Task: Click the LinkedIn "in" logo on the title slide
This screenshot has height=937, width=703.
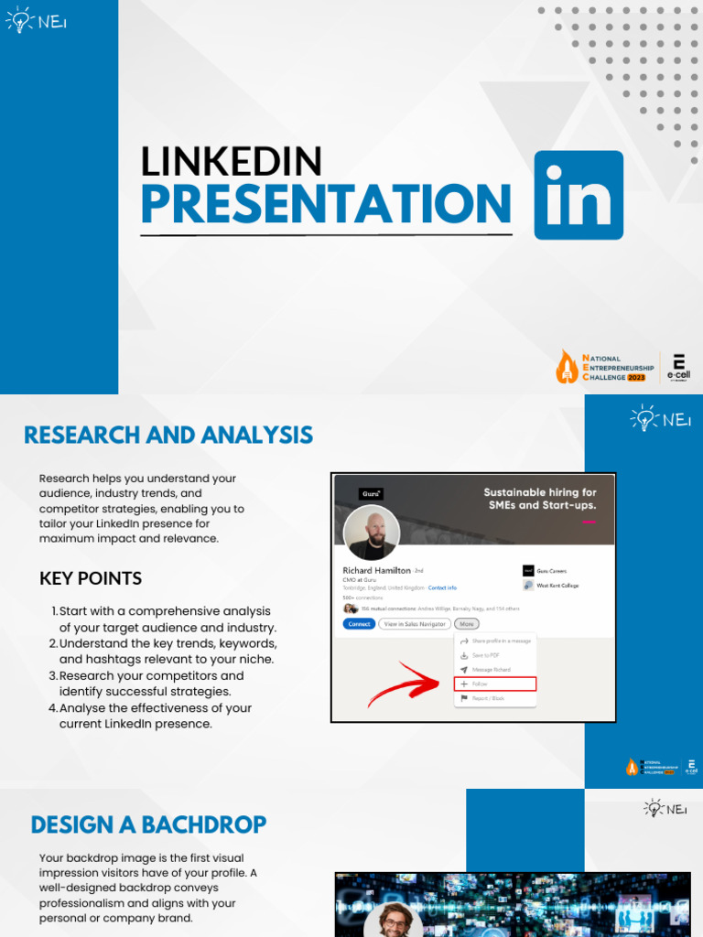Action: click(x=578, y=195)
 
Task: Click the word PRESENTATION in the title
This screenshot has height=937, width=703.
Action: click(x=326, y=204)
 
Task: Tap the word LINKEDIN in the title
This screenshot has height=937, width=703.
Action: click(x=231, y=161)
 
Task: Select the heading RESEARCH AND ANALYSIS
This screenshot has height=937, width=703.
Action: click(x=168, y=435)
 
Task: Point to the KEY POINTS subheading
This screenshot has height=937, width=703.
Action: click(x=91, y=578)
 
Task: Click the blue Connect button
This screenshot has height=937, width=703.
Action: click(x=359, y=624)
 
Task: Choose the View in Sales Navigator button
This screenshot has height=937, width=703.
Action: click(x=414, y=624)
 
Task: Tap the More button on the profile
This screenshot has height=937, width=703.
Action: click(x=467, y=624)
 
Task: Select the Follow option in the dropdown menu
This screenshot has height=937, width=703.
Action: click(x=495, y=684)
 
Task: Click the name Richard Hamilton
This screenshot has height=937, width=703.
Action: click(x=376, y=570)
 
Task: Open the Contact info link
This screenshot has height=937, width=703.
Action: click(x=442, y=587)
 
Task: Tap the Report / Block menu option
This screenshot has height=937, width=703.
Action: click(x=488, y=698)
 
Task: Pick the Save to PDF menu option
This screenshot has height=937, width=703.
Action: click(x=485, y=655)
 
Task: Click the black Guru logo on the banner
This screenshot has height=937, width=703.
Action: click(x=371, y=494)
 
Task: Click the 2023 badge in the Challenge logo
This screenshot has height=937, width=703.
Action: click(x=636, y=377)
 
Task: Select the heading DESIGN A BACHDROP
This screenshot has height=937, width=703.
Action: click(x=148, y=824)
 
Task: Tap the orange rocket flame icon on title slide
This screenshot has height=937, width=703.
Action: click(x=568, y=366)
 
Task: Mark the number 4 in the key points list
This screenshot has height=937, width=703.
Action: click(x=53, y=708)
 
